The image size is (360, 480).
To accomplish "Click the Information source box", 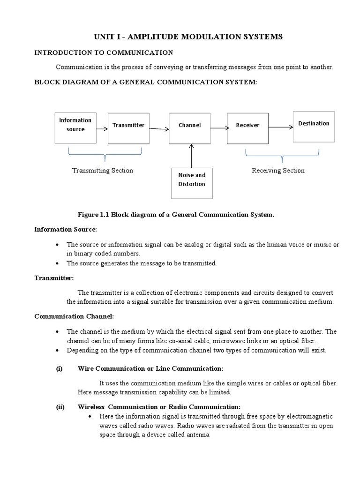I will click(x=75, y=127).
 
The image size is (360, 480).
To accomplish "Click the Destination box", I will click(x=314, y=126).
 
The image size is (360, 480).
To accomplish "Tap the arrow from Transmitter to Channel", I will click(x=159, y=128).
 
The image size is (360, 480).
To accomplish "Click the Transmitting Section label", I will click(x=102, y=171).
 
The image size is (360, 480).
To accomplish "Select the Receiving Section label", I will click(x=278, y=171).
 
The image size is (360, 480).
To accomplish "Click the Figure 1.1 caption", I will click(x=175, y=215).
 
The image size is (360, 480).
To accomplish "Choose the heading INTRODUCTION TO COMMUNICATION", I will click(x=104, y=52).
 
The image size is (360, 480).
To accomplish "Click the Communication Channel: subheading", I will click(x=74, y=316).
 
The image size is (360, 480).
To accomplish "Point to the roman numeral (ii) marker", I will click(x=60, y=407).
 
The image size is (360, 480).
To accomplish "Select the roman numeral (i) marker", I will click(x=59, y=368).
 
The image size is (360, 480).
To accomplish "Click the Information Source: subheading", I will click(x=66, y=229).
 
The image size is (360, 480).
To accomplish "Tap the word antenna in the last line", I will click(x=199, y=435).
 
